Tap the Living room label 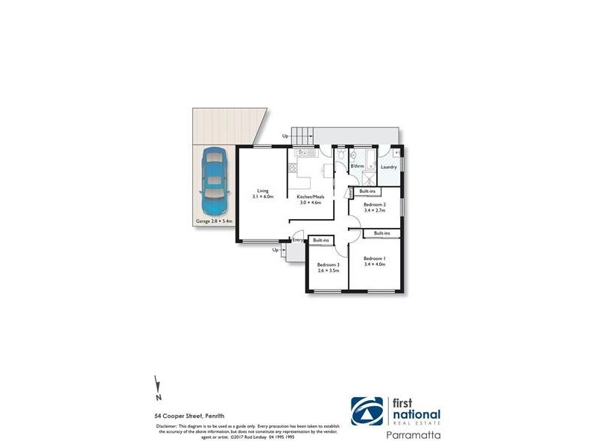262,190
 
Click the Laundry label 388,167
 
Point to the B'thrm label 357,166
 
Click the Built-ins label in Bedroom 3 322,240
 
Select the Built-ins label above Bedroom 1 382,233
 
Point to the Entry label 297,240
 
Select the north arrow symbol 157,386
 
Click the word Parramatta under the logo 413,432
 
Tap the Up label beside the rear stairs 285,136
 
